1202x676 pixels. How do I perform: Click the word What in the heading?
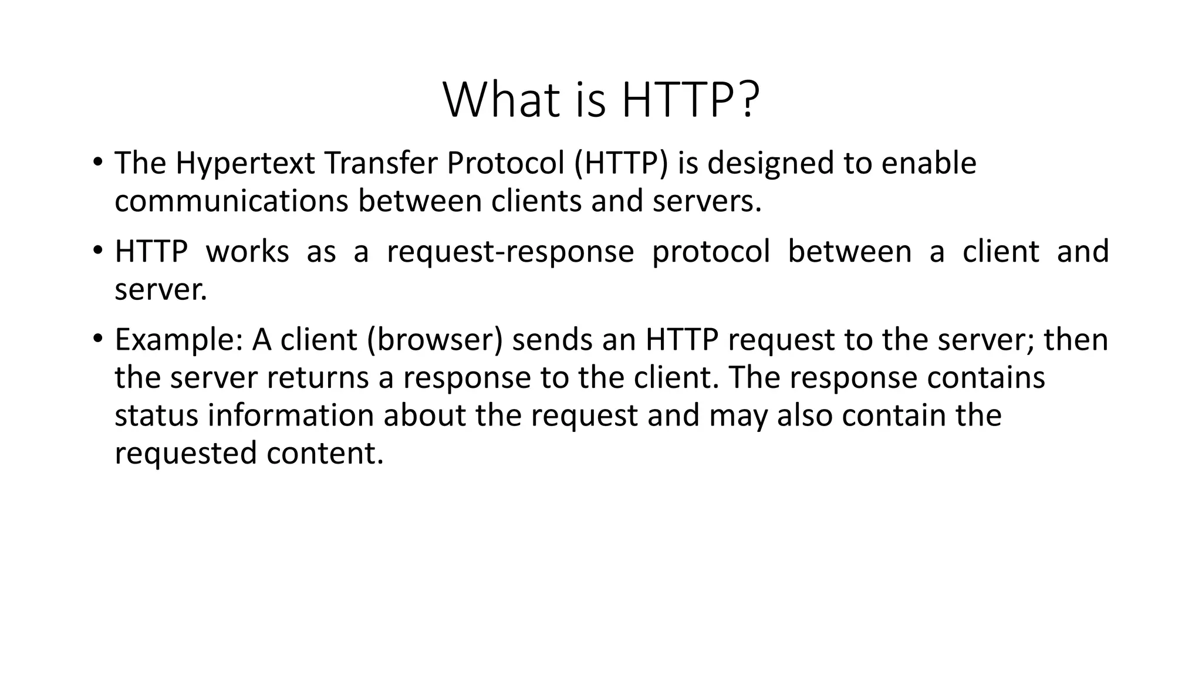pos(500,100)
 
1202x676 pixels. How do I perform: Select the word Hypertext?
pos(245,163)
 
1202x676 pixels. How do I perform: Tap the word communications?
pos(232,201)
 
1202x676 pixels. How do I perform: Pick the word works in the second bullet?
pos(247,252)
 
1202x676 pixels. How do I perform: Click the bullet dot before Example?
pos(97,339)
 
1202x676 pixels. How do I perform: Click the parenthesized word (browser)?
pos(435,340)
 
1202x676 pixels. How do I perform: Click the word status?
pos(157,415)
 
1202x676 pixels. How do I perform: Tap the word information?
pos(291,415)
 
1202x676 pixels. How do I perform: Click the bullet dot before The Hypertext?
pos(97,161)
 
